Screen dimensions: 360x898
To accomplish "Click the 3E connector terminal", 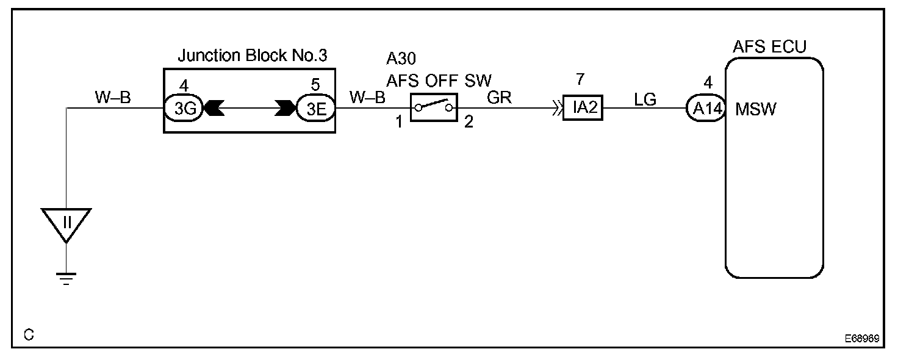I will tap(315, 109).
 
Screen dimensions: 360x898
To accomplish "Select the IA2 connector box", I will tap(582, 110).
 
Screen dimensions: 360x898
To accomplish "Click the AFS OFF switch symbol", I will tap(434, 109).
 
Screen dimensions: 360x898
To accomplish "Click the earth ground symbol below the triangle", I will tap(66, 279).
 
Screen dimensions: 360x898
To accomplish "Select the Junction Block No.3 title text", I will tap(253, 56).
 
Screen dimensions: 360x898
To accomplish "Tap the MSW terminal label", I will tap(756, 111).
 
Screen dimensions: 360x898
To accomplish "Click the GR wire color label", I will tap(499, 98).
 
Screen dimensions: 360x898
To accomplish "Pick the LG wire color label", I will tap(645, 99).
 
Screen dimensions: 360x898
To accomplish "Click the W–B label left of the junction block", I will tap(113, 98).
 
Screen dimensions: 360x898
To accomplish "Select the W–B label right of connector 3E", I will tap(367, 98).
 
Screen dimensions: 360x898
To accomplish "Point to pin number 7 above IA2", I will tap(580, 80).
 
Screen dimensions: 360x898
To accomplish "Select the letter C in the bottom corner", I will tap(29, 335).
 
